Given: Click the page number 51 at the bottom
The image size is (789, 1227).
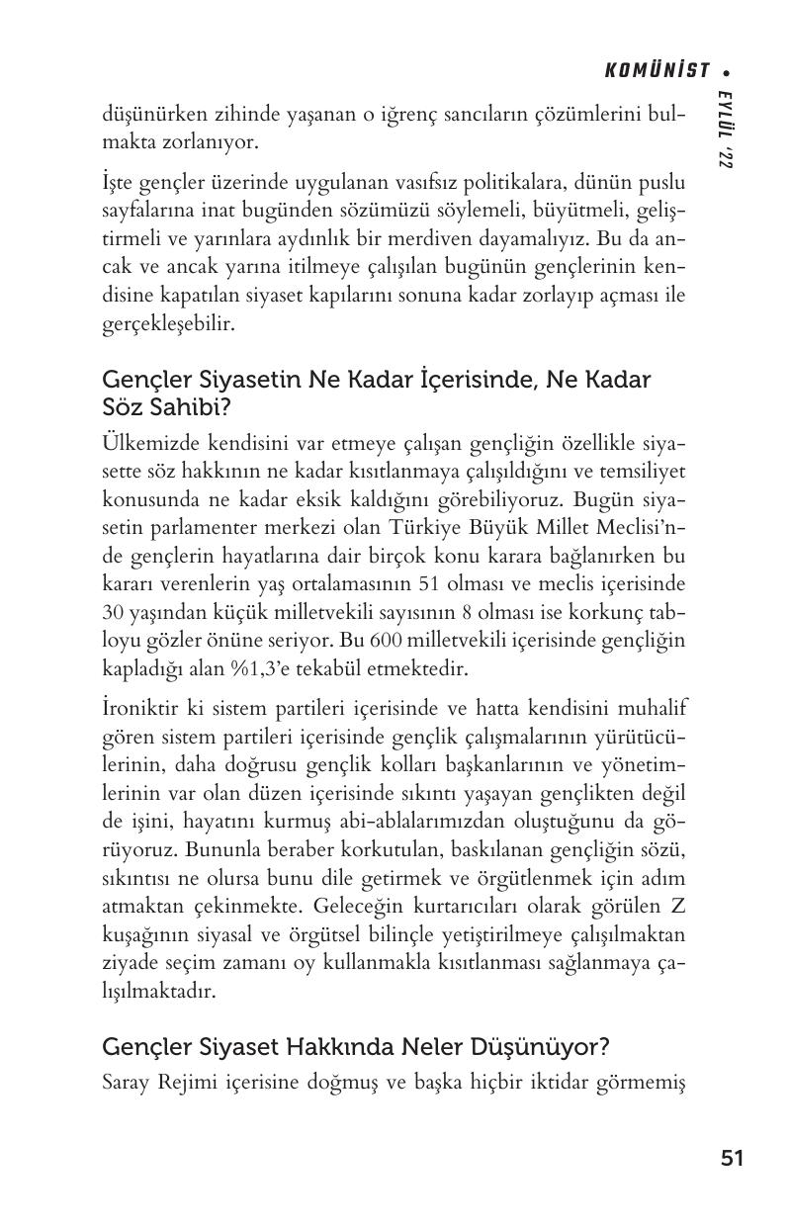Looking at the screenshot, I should (732, 1158).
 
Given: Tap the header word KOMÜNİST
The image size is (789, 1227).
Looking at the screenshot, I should (657, 70).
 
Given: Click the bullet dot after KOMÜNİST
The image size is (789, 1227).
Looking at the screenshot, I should (727, 71).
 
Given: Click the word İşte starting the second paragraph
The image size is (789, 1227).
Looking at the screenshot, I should (121, 185).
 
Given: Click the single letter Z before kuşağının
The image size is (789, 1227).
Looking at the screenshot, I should (678, 905).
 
